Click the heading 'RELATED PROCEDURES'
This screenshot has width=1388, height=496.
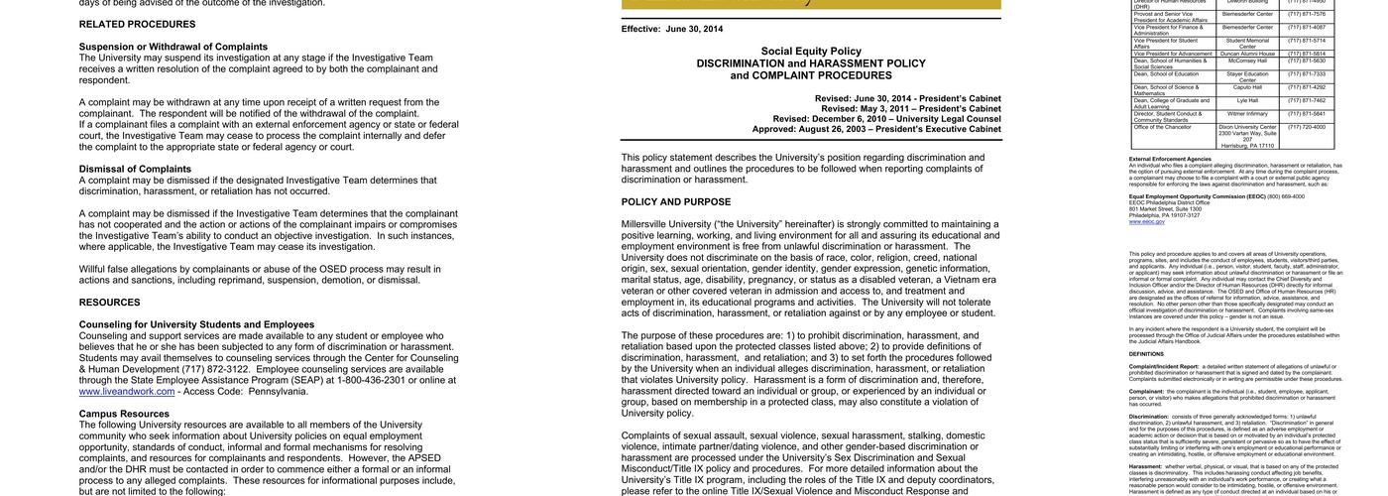(137, 24)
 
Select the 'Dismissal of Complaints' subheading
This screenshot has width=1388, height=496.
(135, 169)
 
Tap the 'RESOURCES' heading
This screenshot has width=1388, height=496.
(110, 303)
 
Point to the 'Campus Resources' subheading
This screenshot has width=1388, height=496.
(124, 414)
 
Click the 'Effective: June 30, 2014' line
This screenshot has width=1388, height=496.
(672, 29)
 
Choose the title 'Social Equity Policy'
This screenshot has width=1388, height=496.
(811, 51)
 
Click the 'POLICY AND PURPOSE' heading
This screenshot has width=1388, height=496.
(676, 202)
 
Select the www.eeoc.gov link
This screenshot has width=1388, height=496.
(1147, 221)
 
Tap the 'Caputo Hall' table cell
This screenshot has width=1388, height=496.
(1247, 87)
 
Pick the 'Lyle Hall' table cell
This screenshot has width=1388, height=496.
(1247, 100)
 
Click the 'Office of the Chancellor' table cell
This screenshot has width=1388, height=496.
(1157, 127)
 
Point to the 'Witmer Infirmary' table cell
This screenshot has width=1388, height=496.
(1247, 113)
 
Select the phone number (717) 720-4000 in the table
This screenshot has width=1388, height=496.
(1306, 127)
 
